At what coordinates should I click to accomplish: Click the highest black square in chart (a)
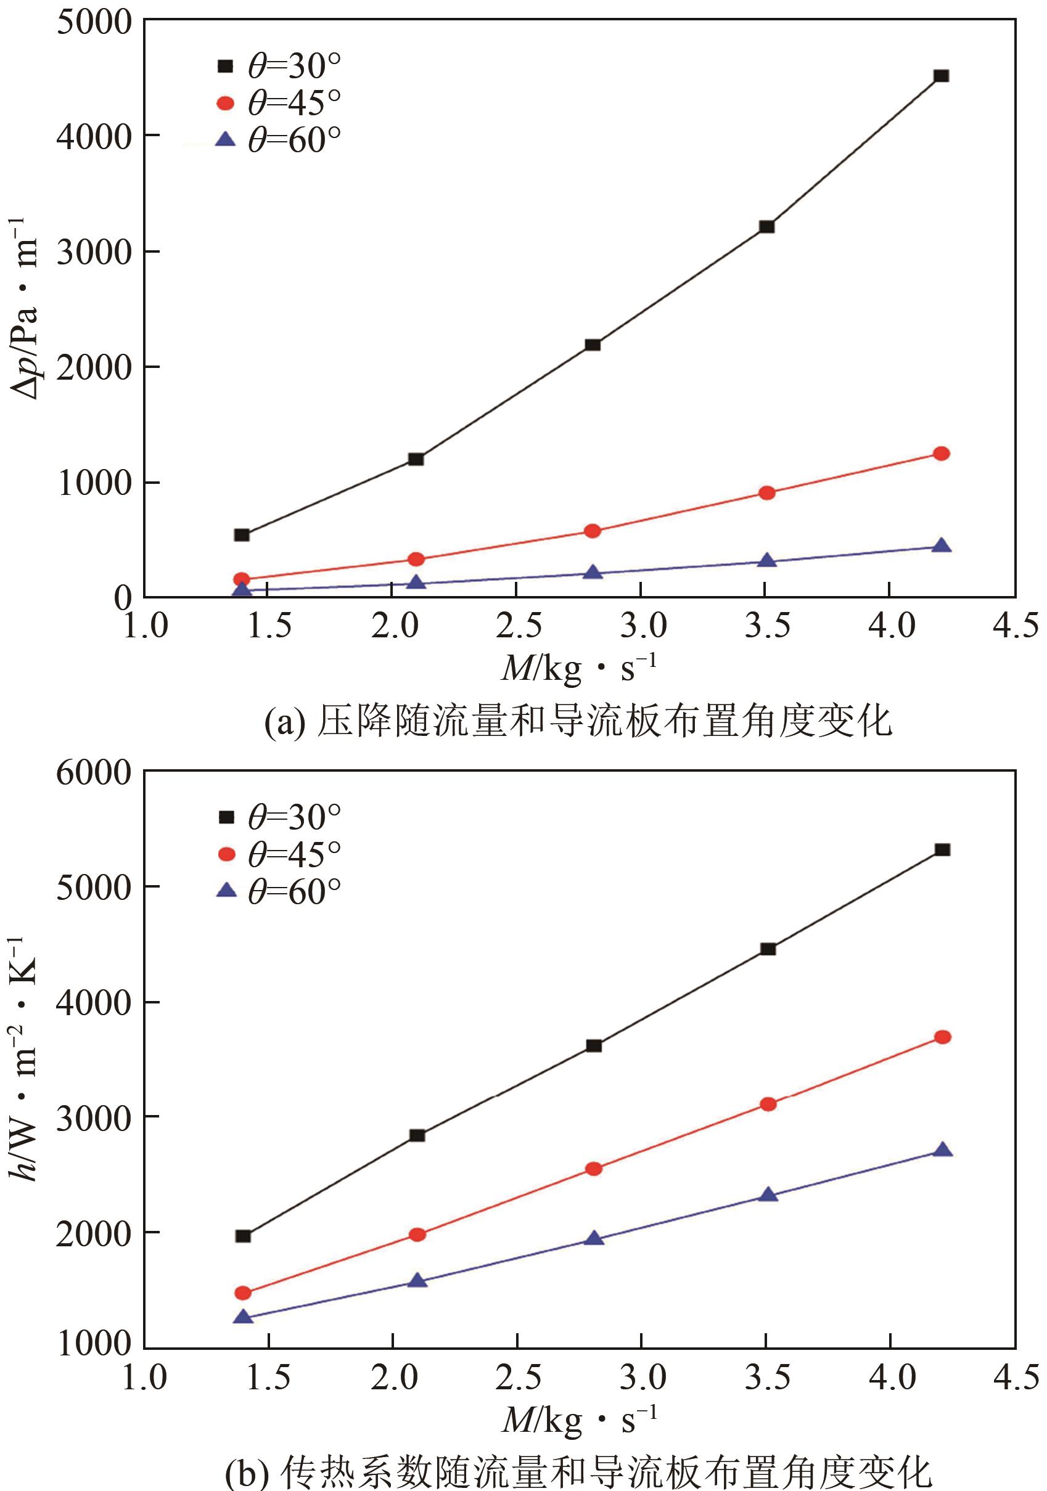pos(940,76)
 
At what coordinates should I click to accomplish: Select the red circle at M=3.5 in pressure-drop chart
pos(766,492)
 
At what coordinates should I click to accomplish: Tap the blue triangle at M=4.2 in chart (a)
pos(941,545)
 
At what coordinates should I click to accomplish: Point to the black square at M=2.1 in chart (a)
pos(416,459)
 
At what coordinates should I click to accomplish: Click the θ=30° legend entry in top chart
pos(280,66)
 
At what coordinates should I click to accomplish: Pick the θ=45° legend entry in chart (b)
pos(280,854)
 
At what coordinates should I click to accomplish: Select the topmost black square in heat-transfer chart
pos(942,849)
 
